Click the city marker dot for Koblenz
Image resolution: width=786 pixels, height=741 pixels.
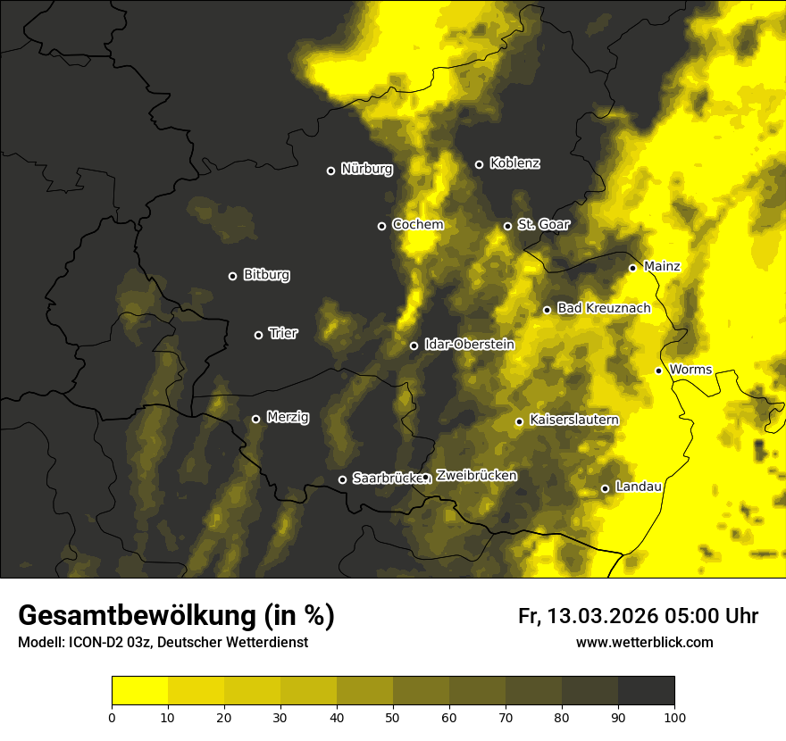[479, 164]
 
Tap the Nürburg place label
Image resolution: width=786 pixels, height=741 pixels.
[366, 169]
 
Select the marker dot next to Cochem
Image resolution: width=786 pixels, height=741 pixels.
[381, 226]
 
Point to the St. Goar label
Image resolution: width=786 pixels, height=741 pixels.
[543, 224]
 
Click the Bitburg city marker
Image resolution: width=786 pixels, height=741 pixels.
[232, 276]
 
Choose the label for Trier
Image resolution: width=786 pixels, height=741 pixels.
[283, 333]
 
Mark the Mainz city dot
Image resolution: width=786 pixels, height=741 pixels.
[632, 268]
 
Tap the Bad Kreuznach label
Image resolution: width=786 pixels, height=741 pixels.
[604, 308]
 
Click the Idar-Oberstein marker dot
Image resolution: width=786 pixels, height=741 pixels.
[414, 346]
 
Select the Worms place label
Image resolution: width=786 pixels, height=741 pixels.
[690, 370]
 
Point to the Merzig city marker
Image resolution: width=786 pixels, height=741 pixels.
[255, 419]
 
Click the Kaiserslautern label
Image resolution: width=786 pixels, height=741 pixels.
[574, 420]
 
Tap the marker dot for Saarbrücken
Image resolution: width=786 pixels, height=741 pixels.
[342, 479]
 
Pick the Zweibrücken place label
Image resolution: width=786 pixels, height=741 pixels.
[476, 476]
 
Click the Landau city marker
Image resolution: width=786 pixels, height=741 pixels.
[605, 488]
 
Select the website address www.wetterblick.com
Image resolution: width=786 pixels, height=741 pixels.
[644, 642]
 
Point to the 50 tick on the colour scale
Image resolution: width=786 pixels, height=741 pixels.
[393, 716]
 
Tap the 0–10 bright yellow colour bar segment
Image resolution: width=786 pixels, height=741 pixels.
[139, 691]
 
